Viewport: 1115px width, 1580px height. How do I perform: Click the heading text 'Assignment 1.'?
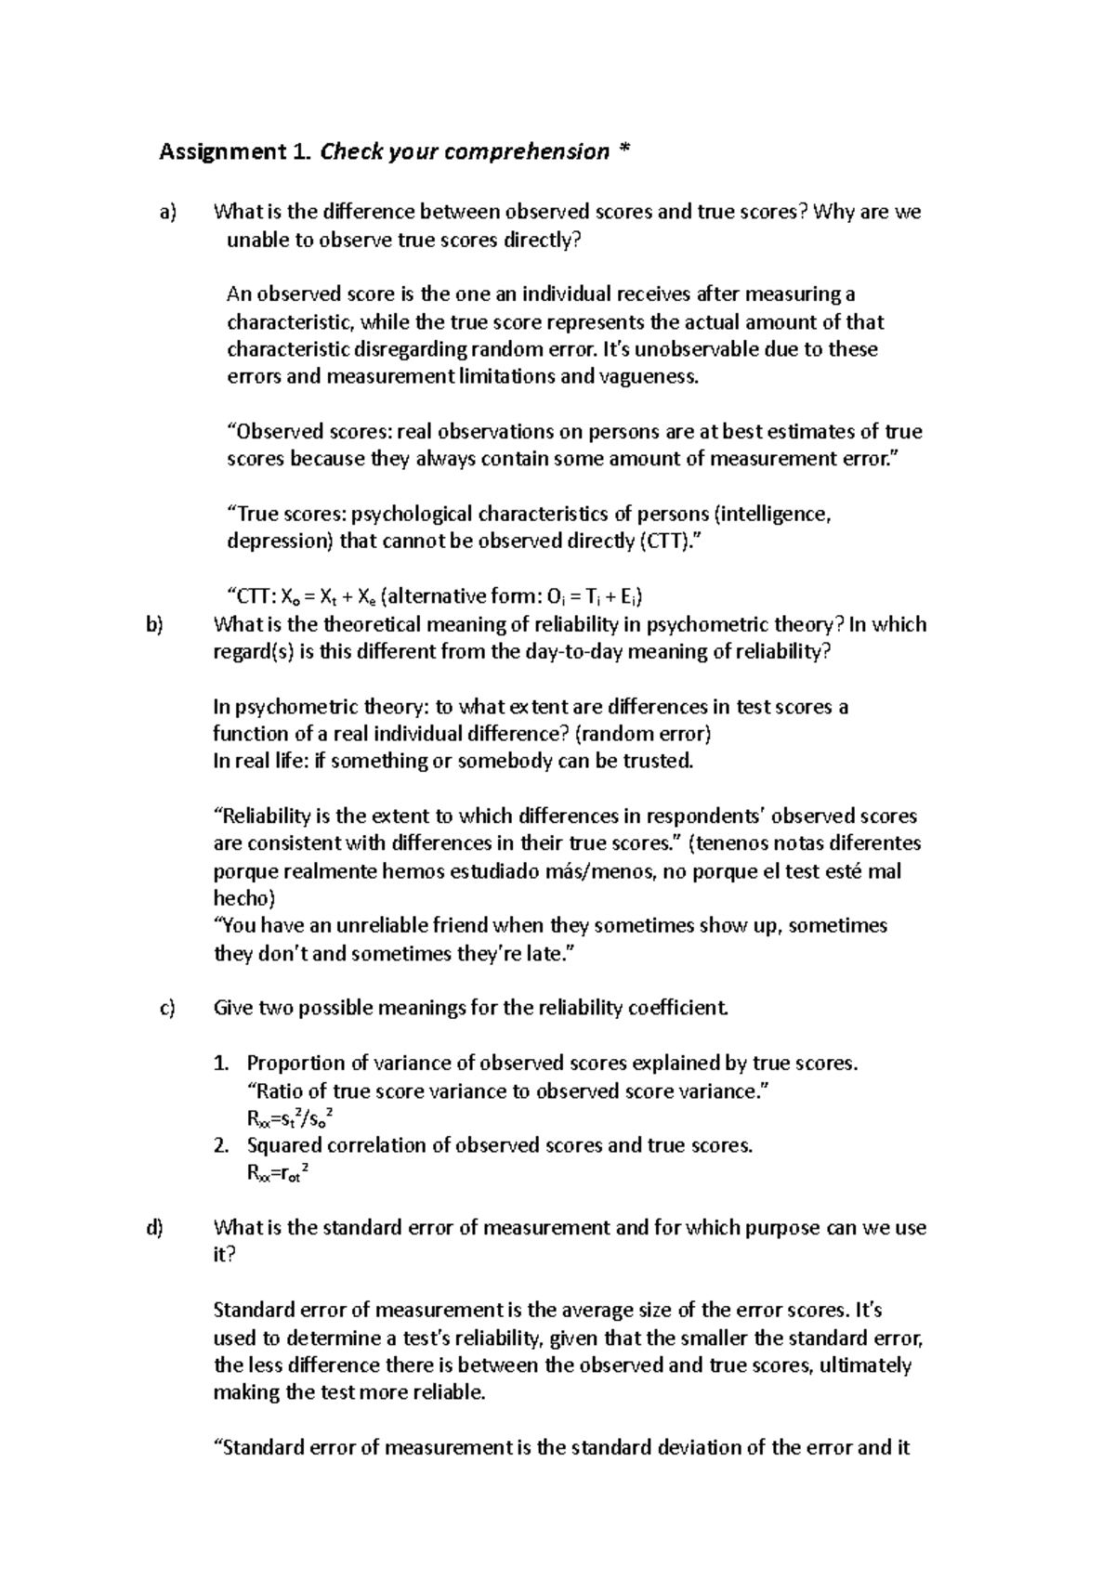236,151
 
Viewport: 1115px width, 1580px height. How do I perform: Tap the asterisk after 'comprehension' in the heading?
623,151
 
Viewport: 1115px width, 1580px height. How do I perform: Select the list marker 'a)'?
167,213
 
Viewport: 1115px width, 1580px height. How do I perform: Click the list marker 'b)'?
154,625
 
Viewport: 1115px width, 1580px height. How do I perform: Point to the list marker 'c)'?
167,1009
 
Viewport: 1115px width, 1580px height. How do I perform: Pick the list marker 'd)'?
154,1228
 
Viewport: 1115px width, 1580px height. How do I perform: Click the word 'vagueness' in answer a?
649,377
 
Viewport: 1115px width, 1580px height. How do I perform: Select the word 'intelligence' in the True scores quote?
772,515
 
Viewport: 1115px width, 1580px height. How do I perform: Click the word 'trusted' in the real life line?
659,762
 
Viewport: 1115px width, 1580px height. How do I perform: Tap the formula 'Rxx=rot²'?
277,1173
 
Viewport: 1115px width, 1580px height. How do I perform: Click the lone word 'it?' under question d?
225,1256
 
